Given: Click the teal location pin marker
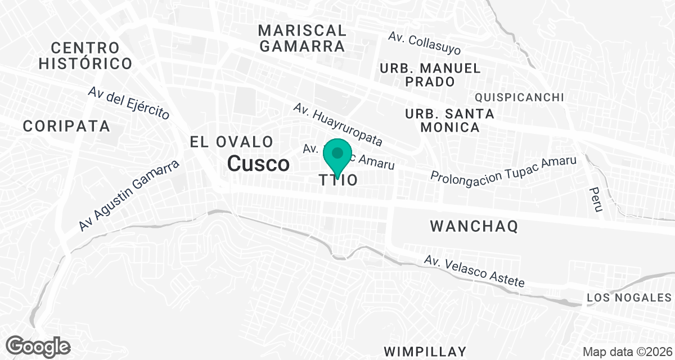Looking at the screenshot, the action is click(x=337, y=155).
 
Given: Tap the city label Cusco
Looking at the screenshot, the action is click(x=259, y=164).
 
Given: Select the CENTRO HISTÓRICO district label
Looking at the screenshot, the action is click(x=85, y=55).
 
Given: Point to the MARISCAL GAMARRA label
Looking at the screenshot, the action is click(x=303, y=38).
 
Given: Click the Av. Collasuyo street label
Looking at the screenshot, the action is click(x=425, y=43).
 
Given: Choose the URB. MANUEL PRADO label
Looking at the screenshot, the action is click(x=431, y=75).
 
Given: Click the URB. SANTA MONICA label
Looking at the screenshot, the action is click(x=449, y=120).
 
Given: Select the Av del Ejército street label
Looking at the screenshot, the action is click(x=129, y=103).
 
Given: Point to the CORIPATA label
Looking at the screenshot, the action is click(x=66, y=127).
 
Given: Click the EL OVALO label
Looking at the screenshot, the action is click(x=232, y=142).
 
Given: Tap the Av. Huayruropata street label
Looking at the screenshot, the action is click(x=337, y=124).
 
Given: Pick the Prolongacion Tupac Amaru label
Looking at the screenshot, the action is click(x=504, y=169).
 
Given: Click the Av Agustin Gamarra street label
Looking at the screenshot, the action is click(x=129, y=195).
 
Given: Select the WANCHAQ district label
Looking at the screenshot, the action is click(x=474, y=227).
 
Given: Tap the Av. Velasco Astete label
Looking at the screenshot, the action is click(x=475, y=272).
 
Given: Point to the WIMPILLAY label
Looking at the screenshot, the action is click(x=425, y=352).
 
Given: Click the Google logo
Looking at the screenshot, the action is click(x=38, y=346).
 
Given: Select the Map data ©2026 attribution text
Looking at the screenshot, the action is click(x=627, y=352).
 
